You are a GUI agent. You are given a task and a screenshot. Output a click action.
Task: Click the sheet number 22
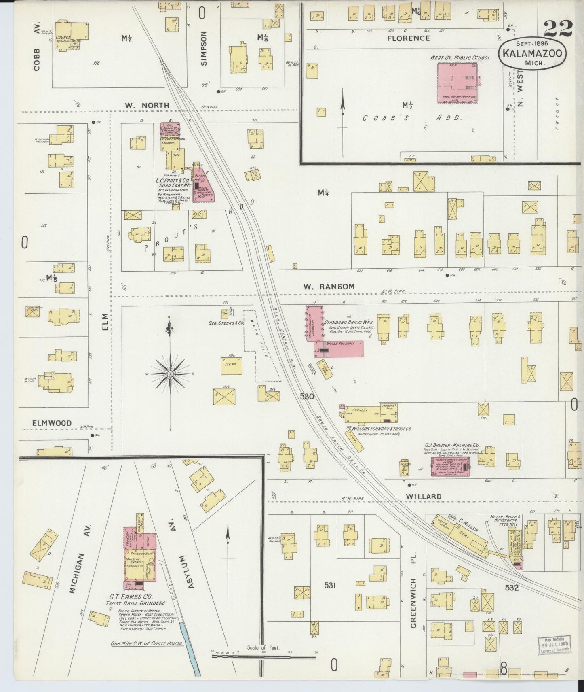pyautogui.click(x=558, y=28)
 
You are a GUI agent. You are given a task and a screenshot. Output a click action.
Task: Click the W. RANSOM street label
pyautogui.click(x=329, y=287)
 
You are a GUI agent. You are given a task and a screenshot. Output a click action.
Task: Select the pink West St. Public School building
pyautogui.click(x=457, y=83)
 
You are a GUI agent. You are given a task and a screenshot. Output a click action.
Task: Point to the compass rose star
pyautogui.click(x=171, y=374)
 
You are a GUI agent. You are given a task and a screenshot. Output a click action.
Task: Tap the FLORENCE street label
pyautogui.click(x=408, y=38)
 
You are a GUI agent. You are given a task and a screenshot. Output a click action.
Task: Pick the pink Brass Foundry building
pyautogui.click(x=339, y=348)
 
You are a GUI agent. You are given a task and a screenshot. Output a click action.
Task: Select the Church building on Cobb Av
pyautogui.click(x=72, y=35)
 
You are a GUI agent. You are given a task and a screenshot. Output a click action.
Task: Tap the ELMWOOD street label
pyautogui.click(x=52, y=423)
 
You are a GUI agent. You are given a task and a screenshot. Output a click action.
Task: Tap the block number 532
pyautogui.click(x=511, y=588)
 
